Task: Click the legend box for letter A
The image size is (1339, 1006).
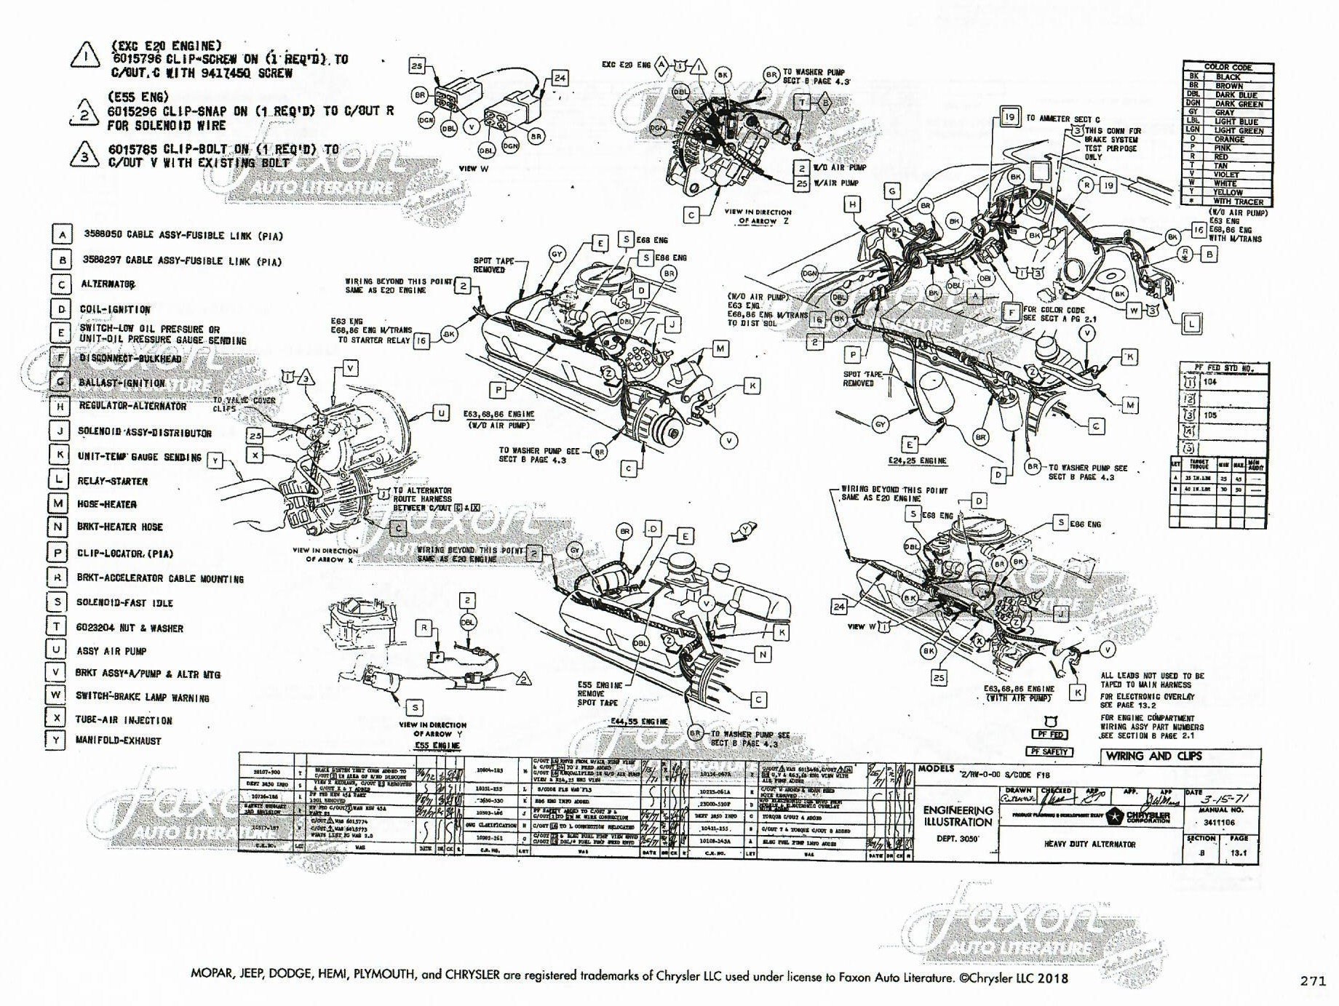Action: pyautogui.click(x=63, y=235)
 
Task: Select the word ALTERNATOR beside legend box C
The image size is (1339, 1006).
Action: pyautogui.click(x=108, y=284)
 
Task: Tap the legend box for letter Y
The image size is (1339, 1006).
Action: pyautogui.click(x=55, y=740)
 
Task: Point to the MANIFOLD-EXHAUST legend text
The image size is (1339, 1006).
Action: pyautogui.click(x=119, y=740)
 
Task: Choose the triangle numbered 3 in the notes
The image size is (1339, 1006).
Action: pyautogui.click(x=87, y=156)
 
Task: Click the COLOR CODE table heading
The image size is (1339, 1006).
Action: pyautogui.click(x=1228, y=67)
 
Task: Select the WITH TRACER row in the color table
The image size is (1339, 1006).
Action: pyautogui.click(x=1238, y=201)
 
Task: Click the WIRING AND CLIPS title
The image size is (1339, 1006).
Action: pyautogui.click(x=1154, y=756)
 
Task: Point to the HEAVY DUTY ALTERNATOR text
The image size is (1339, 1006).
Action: pyautogui.click(x=1089, y=845)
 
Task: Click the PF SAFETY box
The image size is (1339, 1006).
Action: pyautogui.click(x=1049, y=751)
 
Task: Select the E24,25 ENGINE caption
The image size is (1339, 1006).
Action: pyautogui.click(x=917, y=460)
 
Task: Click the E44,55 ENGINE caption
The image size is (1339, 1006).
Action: pyautogui.click(x=639, y=722)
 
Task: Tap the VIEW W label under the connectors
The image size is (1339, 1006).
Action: pyautogui.click(x=468, y=168)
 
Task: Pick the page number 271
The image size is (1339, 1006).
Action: pyautogui.click(x=1314, y=980)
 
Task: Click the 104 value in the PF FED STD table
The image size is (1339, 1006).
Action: pyautogui.click(x=1210, y=381)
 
